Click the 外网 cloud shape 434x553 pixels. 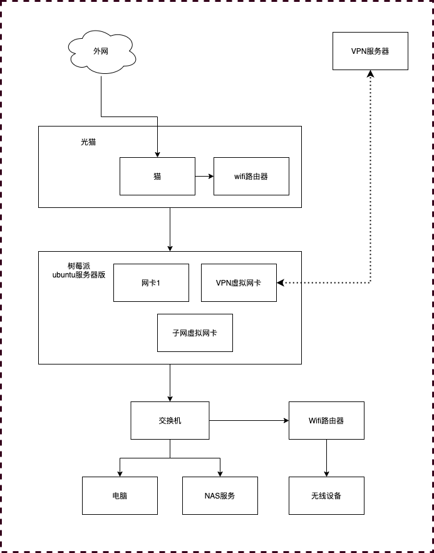coord(101,51)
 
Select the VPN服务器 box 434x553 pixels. coord(370,51)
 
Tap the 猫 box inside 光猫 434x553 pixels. coord(157,176)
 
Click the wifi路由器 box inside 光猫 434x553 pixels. coord(251,176)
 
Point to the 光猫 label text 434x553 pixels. coord(88,142)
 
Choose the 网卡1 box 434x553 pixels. coord(151,282)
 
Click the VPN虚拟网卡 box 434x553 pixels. coord(239,282)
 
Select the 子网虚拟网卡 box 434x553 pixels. coord(195,333)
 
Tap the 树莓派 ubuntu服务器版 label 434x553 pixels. coord(79,271)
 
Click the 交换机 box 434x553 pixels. coord(170,420)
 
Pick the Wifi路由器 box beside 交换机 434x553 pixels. coord(326,420)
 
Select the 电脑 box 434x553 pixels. coord(120,495)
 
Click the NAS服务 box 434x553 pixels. coord(220,495)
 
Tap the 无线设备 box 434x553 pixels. coord(326,495)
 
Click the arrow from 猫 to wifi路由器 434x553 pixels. coord(204,176)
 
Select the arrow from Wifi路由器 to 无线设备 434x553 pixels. coord(326,458)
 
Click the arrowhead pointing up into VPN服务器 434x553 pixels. coord(370,74)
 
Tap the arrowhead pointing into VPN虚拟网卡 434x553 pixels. coord(281,282)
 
